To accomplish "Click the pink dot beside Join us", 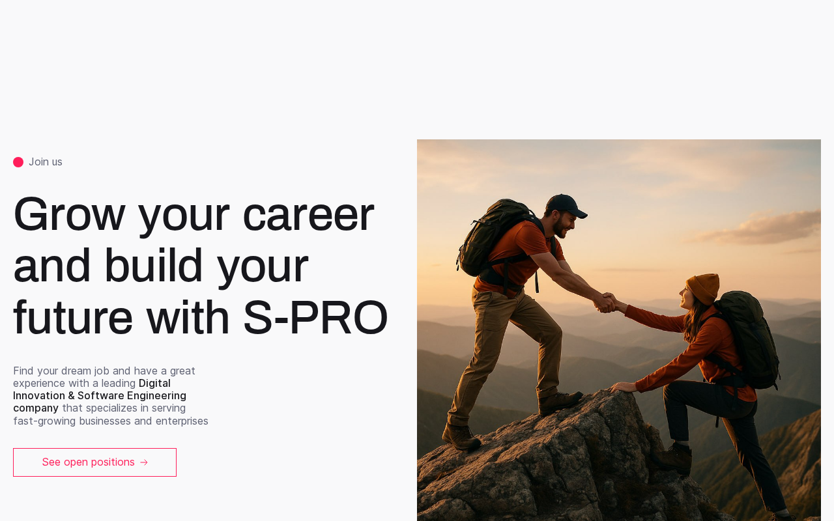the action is point(18,162).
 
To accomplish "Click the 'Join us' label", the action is point(46,162).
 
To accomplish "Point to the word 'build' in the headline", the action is point(153,265).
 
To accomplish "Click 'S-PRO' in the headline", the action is point(316,317).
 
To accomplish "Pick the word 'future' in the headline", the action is point(73,317).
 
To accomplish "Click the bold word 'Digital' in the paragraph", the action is point(154,383).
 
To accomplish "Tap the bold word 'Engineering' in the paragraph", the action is point(156,395).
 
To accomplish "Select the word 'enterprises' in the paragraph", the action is point(182,421).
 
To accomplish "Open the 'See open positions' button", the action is point(94,462).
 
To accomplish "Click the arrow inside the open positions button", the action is point(144,462).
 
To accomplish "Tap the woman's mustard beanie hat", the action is point(703,289).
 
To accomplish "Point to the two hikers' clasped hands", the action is point(605,302).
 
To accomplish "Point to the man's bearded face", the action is point(564,225).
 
